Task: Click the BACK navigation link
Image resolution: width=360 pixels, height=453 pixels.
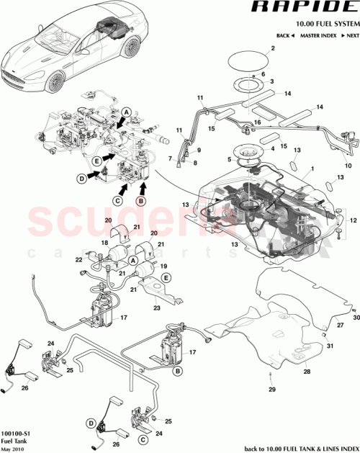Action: pos(285,35)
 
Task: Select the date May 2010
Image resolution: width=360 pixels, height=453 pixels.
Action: pos(14,449)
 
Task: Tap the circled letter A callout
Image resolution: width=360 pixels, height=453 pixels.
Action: pos(125,113)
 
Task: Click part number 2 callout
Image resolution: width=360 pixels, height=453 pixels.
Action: pos(273,49)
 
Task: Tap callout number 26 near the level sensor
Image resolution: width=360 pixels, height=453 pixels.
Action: pos(25,387)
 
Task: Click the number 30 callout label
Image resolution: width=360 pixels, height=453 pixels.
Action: pos(355,318)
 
